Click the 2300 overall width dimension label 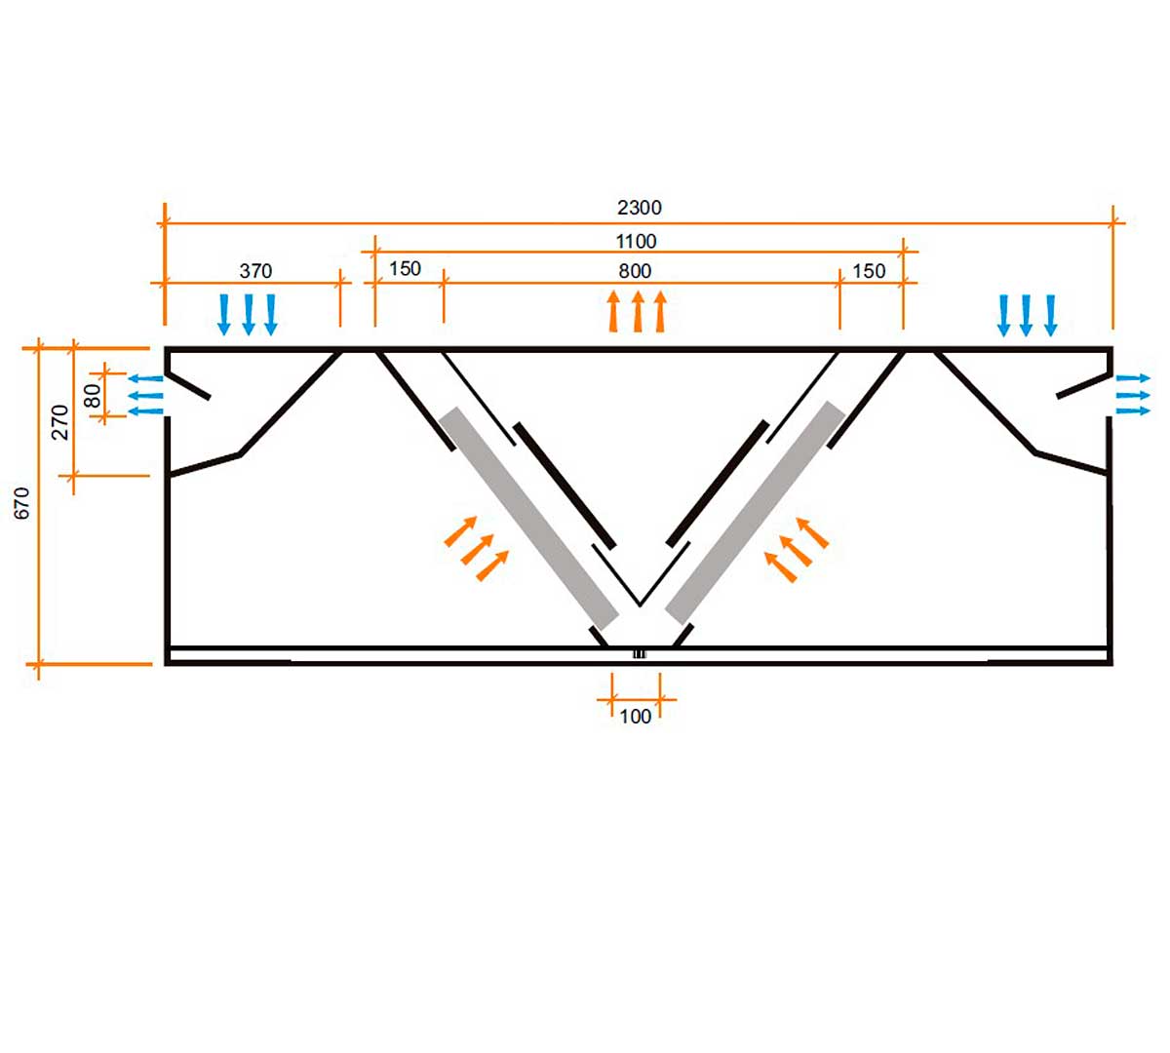pos(640,208)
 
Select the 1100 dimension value pos(636,241)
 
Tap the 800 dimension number pos(635,271)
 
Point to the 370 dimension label pos(255,271)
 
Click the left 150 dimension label pos(405,269)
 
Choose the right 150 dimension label pos(869,271)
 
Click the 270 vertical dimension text pos(60,422)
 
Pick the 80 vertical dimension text pos(93,395)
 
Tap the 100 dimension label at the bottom pos(635,717)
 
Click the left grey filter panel pos(528,519)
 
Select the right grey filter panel pos(755,513)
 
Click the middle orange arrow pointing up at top pos(638,311)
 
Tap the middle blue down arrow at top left pos(249,314)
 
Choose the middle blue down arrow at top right pos(1027,314)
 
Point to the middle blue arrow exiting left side pos(146,395)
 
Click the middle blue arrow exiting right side pos(1133,395)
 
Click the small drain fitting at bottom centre pos(639,653)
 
